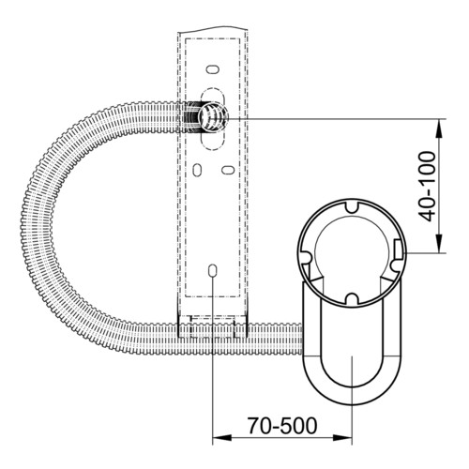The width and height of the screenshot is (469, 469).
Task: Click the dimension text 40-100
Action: click(427, 187)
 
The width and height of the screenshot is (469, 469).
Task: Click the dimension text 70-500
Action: click(282, 426)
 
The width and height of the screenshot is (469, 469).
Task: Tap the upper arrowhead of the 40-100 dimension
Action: click(439, 129)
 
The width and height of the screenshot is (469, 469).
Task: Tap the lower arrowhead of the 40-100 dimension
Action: click(439, 244)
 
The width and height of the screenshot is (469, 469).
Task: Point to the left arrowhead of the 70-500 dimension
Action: click(221, 438)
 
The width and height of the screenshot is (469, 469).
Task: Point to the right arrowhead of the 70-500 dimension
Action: click(342, 438)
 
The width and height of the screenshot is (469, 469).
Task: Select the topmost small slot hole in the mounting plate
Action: click(212, 69)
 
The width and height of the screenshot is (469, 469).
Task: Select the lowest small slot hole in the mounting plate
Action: click(212, 271)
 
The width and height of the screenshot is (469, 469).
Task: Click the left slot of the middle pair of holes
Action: click(197, 170)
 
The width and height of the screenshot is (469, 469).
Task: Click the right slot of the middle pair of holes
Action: click(228, 170)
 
